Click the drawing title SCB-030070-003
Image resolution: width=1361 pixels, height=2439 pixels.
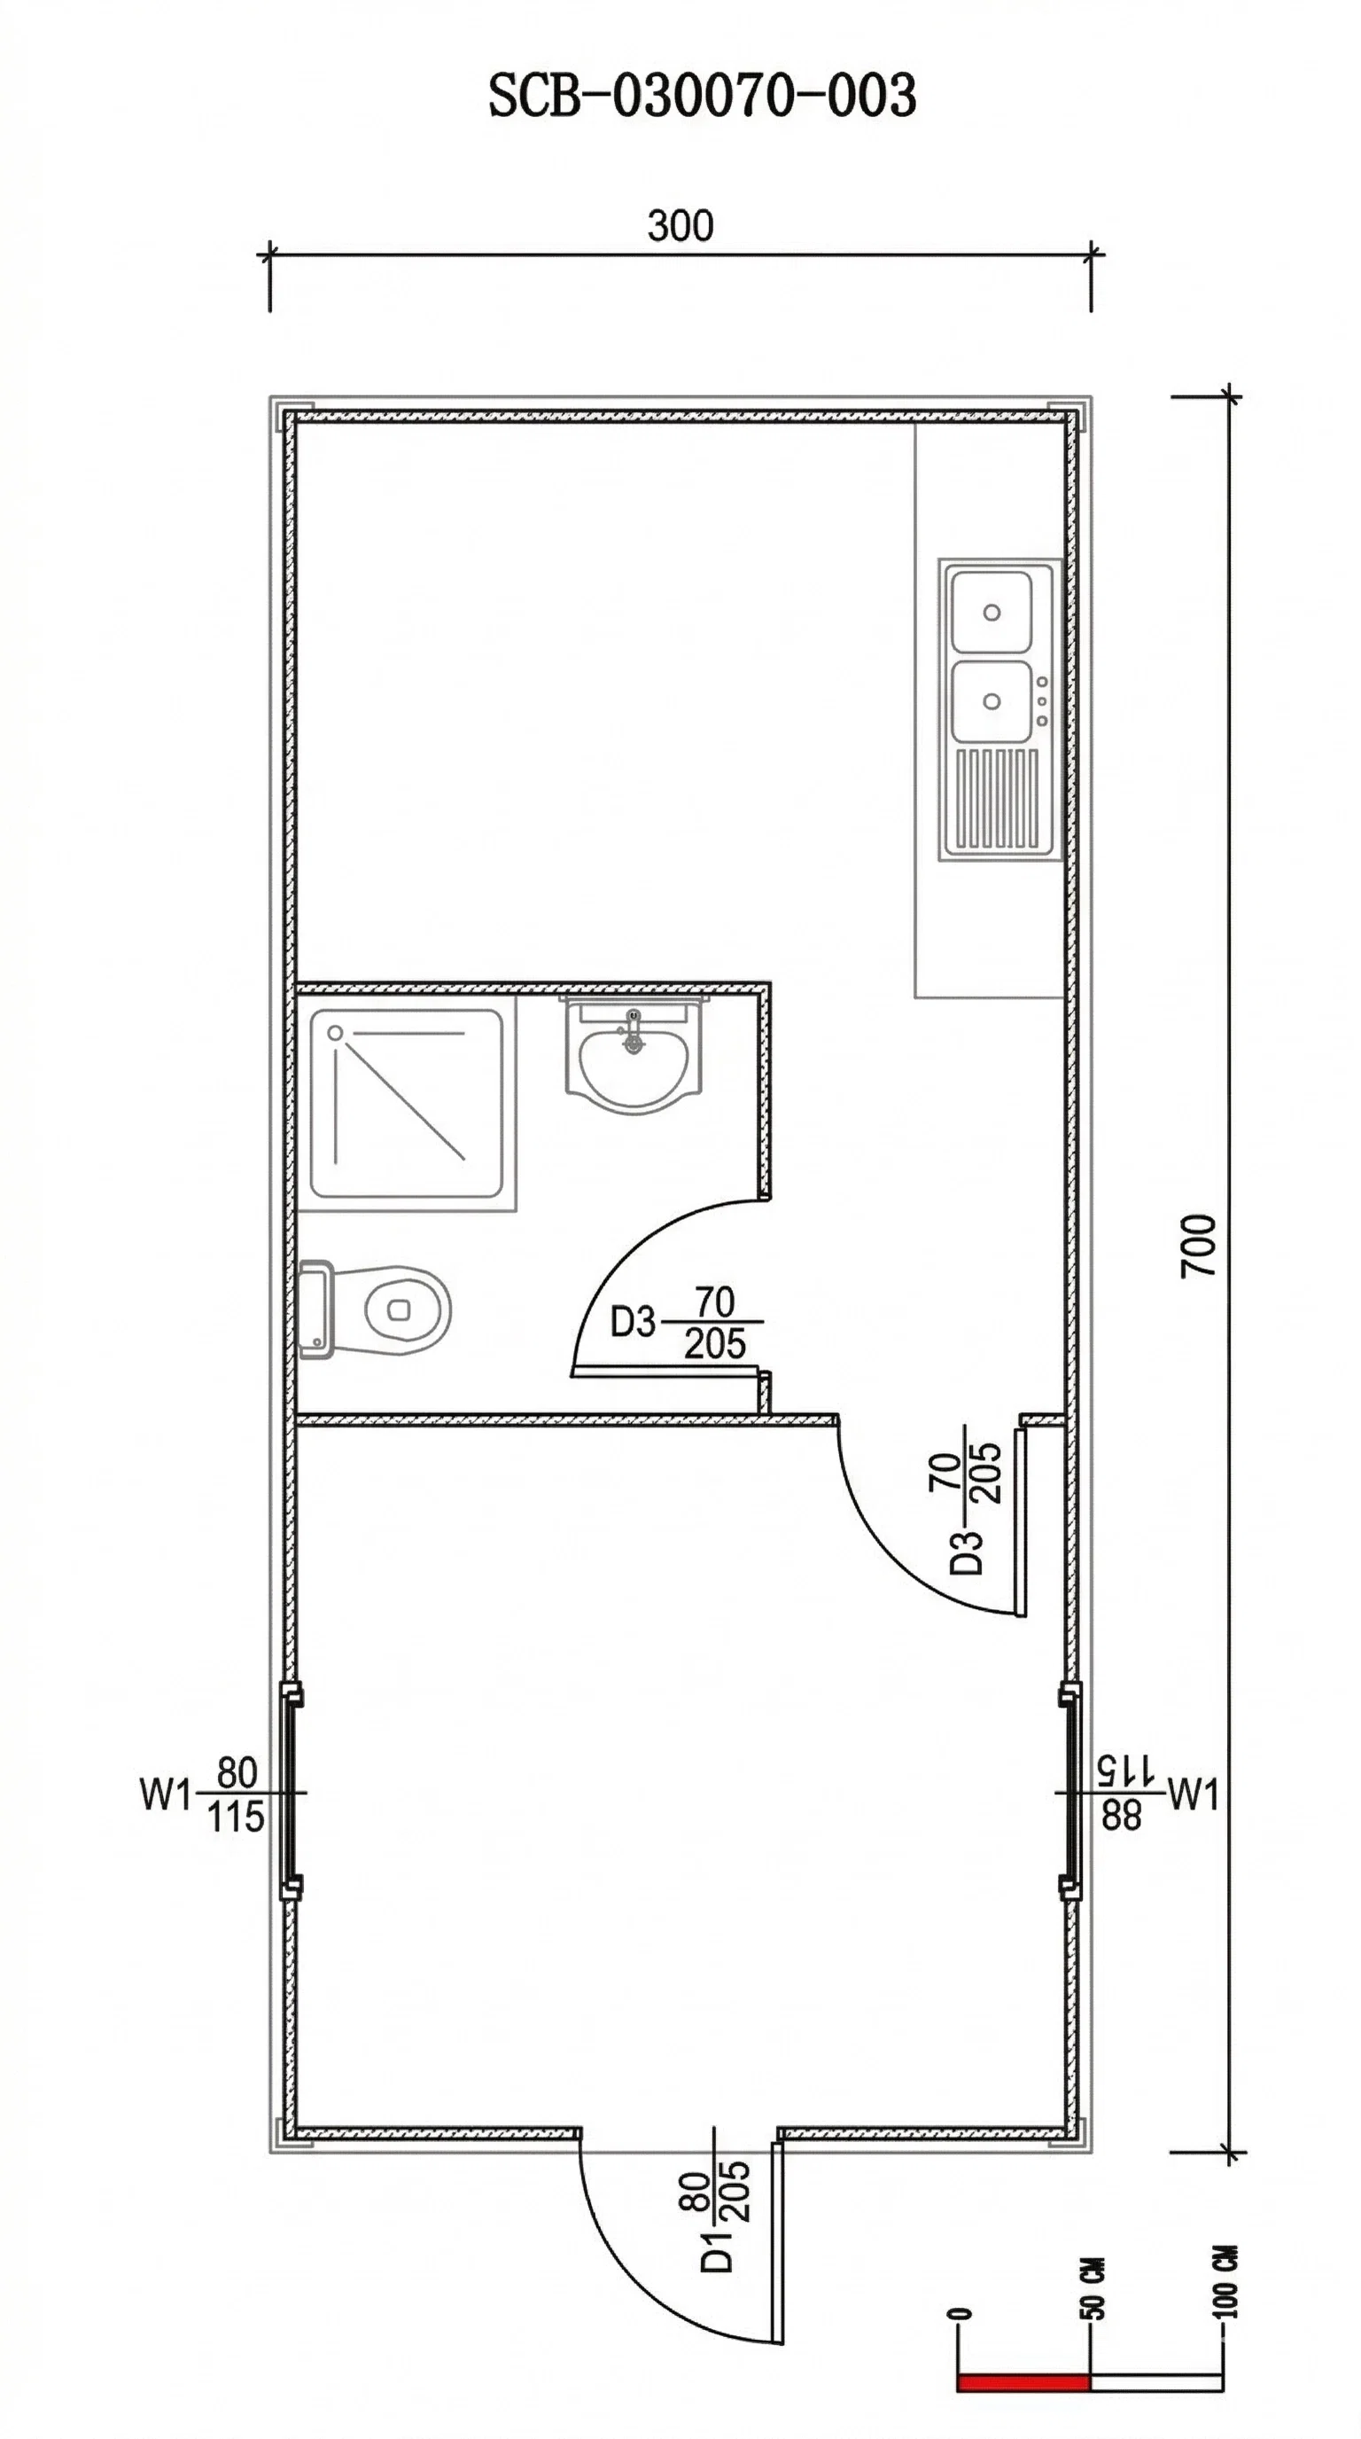point(701,97)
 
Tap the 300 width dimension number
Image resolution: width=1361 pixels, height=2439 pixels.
point(680,227)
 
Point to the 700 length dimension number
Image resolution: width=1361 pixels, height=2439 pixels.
point(1198,1245)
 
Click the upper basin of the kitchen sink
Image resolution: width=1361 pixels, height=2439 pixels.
point(991,612)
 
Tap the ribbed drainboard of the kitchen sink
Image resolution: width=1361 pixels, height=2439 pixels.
point(997,799)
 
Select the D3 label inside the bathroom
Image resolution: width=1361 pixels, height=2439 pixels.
point(633,1322)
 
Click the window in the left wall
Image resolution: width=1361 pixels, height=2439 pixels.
point(290,1792)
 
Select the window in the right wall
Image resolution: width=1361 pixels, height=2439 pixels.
point(1070,1792)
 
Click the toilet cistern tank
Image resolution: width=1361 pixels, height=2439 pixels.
point(315,1309)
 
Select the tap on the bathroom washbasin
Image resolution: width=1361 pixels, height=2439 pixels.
point(634,1030)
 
